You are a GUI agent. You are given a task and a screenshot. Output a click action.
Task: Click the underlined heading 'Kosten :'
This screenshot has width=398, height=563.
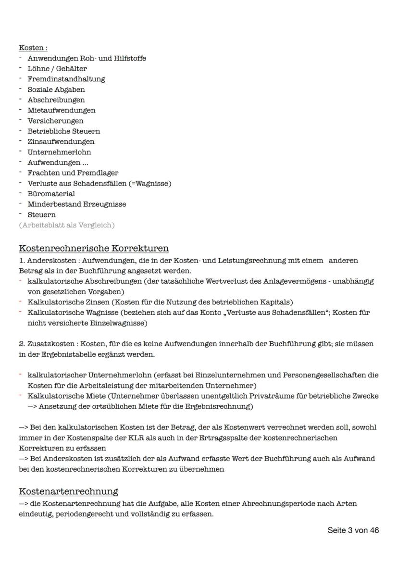coord(33,48)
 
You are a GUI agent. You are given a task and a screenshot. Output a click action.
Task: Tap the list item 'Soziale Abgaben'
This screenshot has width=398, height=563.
coord(56,89)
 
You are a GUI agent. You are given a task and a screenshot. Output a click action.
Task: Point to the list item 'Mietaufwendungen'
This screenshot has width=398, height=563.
coord(61,110)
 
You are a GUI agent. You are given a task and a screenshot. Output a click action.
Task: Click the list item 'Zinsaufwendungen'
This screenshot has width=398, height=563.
coord(61,141)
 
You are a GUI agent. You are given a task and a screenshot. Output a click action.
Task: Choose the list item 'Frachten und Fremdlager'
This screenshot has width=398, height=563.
coord(73,173)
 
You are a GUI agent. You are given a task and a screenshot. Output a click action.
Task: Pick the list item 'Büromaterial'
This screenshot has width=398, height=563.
coord(51,194)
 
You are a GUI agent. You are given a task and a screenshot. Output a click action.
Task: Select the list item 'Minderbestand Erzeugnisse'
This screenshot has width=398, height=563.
coord(76,204)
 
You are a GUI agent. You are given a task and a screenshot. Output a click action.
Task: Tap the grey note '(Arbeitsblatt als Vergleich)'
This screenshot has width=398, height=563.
coord(67,225)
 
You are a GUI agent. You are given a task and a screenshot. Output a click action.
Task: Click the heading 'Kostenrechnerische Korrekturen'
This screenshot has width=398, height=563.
coord(94,249)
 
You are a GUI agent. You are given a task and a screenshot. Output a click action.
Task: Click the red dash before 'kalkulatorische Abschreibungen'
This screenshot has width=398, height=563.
coord(21,281)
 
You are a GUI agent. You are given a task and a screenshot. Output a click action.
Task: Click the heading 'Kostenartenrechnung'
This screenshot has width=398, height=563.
coord(68,492)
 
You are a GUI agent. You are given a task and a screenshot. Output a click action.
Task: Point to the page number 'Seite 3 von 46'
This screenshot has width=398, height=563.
coord(353,530)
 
